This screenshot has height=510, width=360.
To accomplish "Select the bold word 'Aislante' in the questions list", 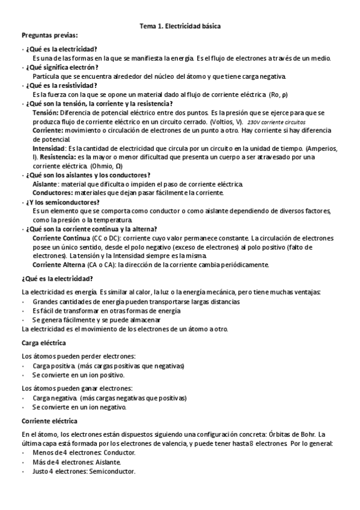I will click(44, 183).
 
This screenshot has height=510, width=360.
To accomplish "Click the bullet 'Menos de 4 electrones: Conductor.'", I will click(84, 452).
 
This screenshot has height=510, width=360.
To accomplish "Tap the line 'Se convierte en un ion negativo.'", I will click(79, 407).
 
